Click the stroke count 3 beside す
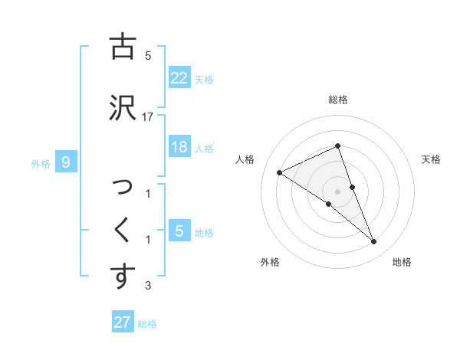(148, 286)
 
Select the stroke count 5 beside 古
(148, 57)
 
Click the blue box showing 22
(179, 77)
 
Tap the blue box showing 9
(66, 162)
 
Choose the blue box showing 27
(123, 322)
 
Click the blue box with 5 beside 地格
(179, 231)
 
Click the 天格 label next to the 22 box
(205, 80)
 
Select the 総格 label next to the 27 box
(147, 325)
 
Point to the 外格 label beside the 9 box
(41, 164)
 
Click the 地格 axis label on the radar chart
(402, 263)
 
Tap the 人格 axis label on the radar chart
(245, 159)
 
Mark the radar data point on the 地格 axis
(374, 242)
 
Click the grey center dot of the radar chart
(337, 191)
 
